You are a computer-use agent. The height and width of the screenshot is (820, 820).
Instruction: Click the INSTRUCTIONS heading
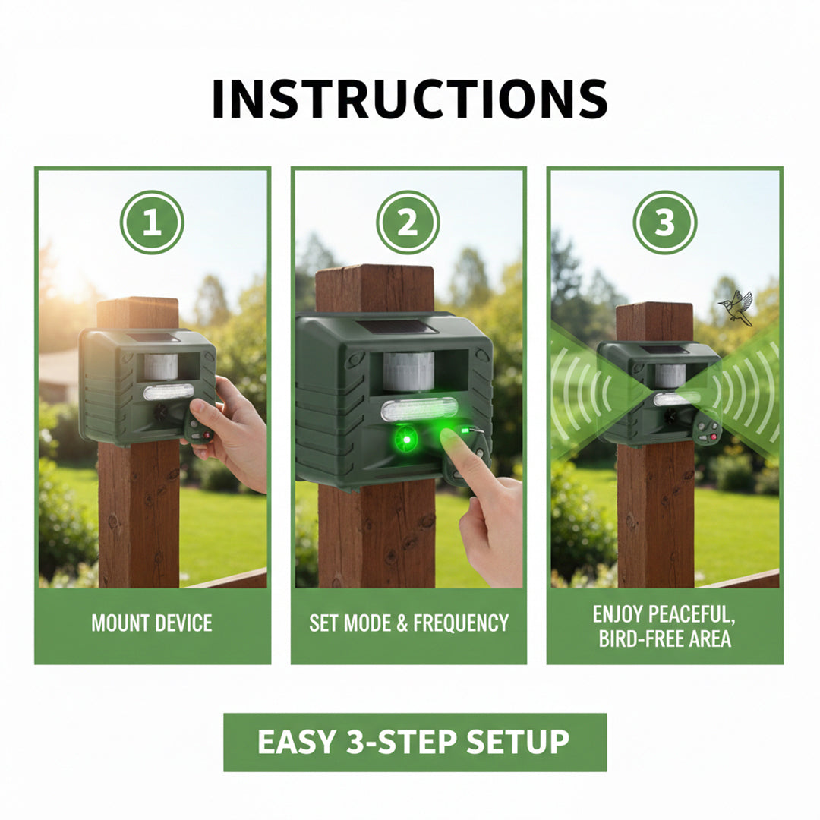pyautogui.click(x=409, y=99)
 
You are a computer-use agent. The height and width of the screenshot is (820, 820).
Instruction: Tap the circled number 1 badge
pyautogui.click(x=152, y=222)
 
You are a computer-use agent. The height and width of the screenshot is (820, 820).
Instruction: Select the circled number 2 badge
pyautogui.click(x=408, y=222)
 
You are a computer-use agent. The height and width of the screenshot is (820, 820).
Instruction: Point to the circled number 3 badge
pyautogui.click(x=665, y=222)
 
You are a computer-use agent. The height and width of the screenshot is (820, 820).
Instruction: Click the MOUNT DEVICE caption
pyautogui.click(x=152, y=623)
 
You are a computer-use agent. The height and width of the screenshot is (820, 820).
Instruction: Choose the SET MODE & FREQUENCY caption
pyautogui.click(x=408, y=623)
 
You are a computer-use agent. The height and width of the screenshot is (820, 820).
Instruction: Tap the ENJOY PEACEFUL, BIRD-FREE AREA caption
pyautogui.click(x=665, y=626)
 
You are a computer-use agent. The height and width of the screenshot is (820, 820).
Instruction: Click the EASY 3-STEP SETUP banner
pyautogui.click(x=414, y=742)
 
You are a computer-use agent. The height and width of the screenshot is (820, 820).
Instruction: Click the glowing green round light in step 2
pyautogui.click(x=406, y=439)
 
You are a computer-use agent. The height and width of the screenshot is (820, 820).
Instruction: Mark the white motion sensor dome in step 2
pyautogui.click(x=408, y=371)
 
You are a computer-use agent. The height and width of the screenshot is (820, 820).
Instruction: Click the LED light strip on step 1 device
pyautogui.click(x=169, y=392)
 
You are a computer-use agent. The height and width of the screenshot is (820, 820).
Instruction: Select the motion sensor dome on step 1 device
pyautogui.click(x=160, y=366)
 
